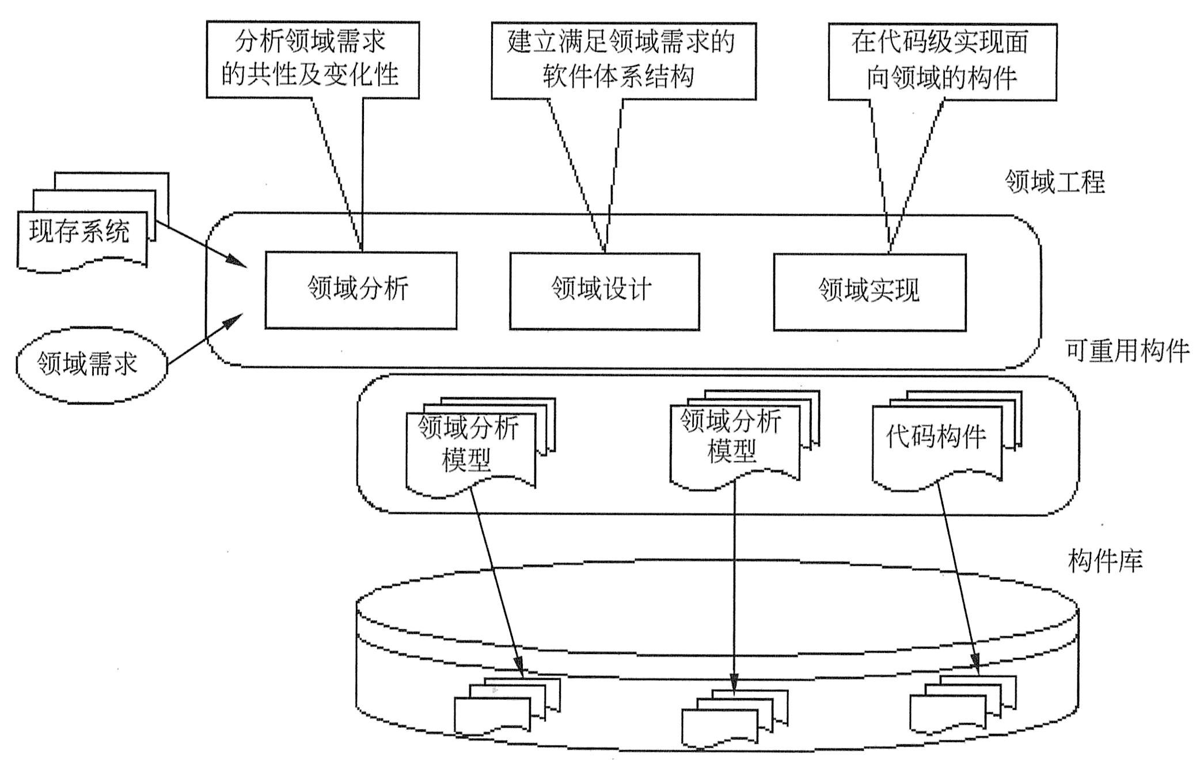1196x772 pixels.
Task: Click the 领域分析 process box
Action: tap(360, 290)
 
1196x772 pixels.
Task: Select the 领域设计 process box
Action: tap(604, 291)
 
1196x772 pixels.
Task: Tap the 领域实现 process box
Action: tap(869, 292)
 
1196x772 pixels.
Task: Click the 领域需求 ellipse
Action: tap(91, 365)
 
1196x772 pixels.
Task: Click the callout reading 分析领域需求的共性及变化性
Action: tap(312, 60)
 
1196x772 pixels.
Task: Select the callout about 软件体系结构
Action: tap(623, 61)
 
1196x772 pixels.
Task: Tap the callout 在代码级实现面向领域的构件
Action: tap(942, 62)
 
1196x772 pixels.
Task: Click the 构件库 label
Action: tap(1105, 560)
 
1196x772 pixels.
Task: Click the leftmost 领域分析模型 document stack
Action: tap(471, 448)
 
